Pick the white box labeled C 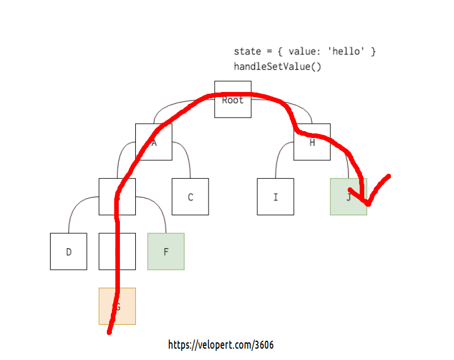click(190, 197)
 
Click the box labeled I click(276, 197)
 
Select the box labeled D click(69, 252)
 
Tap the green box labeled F click(166, 252)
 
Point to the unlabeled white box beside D click(126, 252)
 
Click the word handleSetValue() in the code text click(277, 66)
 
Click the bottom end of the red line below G click(109, 332)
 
